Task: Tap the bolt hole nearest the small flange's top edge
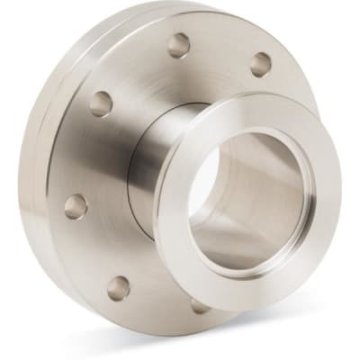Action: [x=261, y=64]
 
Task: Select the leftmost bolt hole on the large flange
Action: [x=76, y=206]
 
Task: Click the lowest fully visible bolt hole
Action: [x=118, y=288]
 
